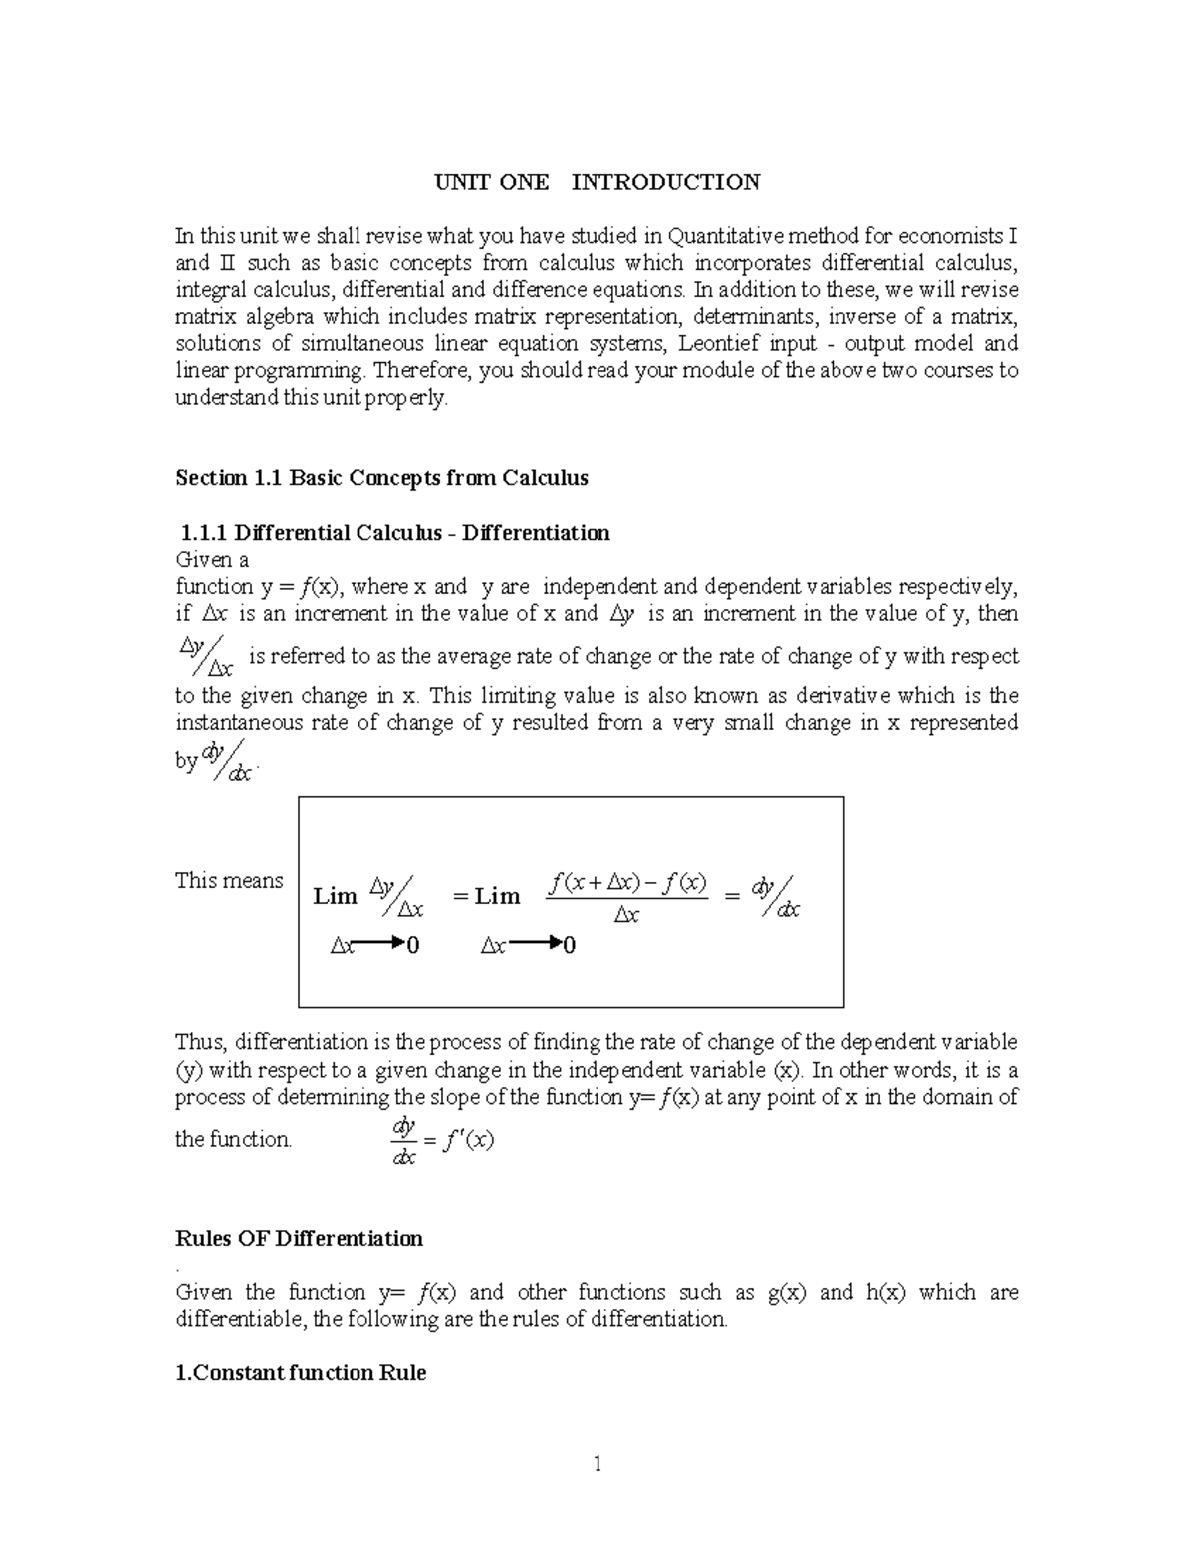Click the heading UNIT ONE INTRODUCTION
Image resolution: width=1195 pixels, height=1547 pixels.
(x=597, y=182)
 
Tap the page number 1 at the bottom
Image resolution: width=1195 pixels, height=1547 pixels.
(x=597, y=1464)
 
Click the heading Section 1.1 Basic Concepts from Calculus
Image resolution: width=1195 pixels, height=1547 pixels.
(x=381, y=478)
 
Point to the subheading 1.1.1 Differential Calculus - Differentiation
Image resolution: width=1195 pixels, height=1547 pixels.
(x=392, y=533)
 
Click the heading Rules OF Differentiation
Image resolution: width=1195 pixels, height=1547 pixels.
(x=299, y=1239)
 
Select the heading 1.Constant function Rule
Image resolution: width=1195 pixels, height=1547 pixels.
(x=301, y=1373)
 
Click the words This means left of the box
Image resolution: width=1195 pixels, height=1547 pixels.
(x=229, y=881)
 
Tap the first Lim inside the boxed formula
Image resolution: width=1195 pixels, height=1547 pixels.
(x=335, y=897)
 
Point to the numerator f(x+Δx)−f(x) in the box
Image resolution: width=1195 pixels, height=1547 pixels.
(x=627, y=882)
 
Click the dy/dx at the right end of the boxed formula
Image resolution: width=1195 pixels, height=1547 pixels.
(x=776, y=897)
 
